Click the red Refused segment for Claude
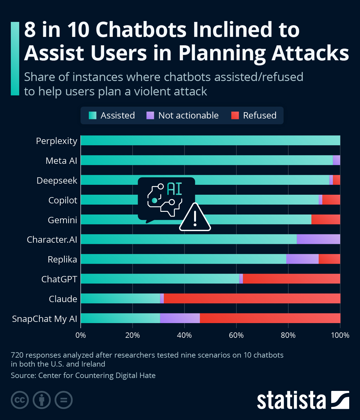click(x=252, y=298)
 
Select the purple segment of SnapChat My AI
click(x=180, y=318)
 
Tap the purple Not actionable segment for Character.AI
click(x=318, y=239)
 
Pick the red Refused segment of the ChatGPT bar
click(x=291, y=279)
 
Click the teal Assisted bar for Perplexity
click(x=210, y=140)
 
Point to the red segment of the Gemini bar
click(x=325, y=219)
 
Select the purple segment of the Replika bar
click(x=302, y=259)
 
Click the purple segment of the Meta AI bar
click(x=336, y=160)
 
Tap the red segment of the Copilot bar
click(x=331, y=199)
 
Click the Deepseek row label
click(x=57, y=181)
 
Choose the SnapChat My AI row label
click(x=44, y=319)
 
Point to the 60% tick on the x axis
click(x=236, y=335)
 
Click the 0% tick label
click(x=80, y=335)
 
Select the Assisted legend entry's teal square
click(x=92, y=115)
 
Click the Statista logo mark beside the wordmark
click(x=340, y=400)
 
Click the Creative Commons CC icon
click(x=20, y=400)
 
